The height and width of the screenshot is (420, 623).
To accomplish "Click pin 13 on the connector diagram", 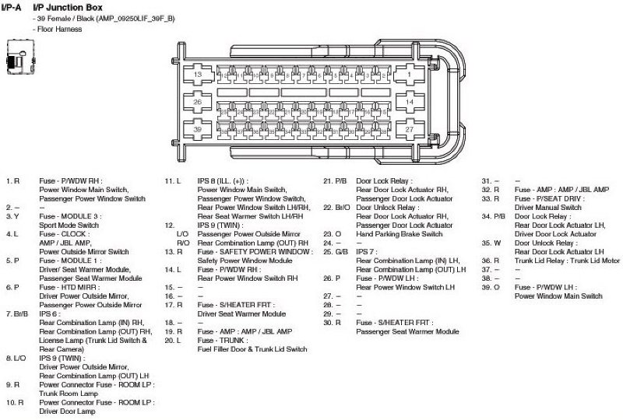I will click(x=199, y=74).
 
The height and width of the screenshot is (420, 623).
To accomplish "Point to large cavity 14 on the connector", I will click(x=410, y=102).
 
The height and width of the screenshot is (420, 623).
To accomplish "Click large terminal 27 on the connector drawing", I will click(x=410, y=129).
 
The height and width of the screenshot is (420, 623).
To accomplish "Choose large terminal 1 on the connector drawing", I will click(x=410, y=74).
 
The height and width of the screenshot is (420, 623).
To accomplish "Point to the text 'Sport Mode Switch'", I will click(x=69, y=225).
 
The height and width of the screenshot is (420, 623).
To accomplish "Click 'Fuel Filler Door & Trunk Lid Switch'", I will click(x=252, y=349).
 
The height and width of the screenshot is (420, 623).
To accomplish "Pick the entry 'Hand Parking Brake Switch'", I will click(x=399, y=234).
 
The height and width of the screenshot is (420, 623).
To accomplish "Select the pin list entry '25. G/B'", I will click(x=336, y=252).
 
